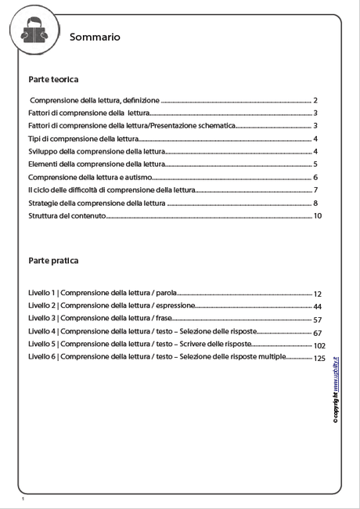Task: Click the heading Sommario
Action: click(95, 37)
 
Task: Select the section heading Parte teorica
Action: click(53, 80)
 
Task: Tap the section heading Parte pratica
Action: click(53, 261)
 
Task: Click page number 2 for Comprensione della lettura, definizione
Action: click(315, 100)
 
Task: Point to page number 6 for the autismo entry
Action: click(315, 177)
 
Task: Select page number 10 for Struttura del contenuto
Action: click(318, 215)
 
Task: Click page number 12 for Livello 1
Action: click(318, 294)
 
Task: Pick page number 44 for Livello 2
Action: click(318, 306)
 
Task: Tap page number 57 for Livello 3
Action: click(318, 319)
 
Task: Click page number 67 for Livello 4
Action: click(318, 333)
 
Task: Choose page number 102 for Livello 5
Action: click(319, 345)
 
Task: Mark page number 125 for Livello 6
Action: click(319, 358)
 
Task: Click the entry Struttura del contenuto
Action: click(67, 215)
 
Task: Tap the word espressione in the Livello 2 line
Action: click(175, 306)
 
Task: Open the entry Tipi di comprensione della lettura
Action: click(83, 139)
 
